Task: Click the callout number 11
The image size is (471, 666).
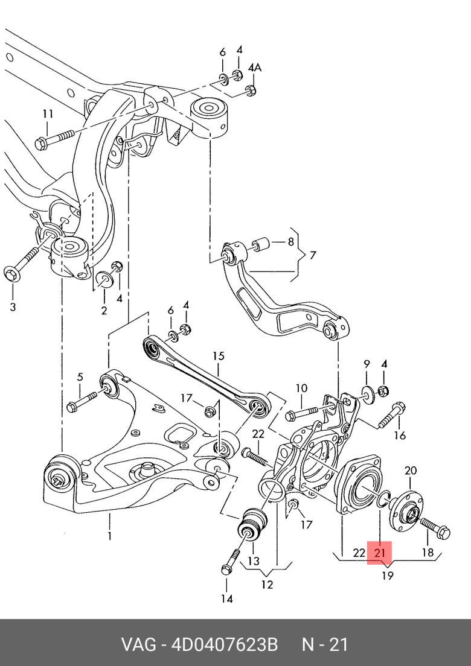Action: (48, 114)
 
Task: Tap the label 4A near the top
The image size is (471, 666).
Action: (255, 68)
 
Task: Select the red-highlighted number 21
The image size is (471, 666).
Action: (380, 553)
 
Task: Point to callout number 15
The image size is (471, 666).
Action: (218, 356)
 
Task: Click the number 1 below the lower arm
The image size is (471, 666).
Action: (110, 535)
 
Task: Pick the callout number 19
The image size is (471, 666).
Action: (387, 576)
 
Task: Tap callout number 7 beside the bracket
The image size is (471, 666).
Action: (312, 255)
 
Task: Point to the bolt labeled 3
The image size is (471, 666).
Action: (22, 266)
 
